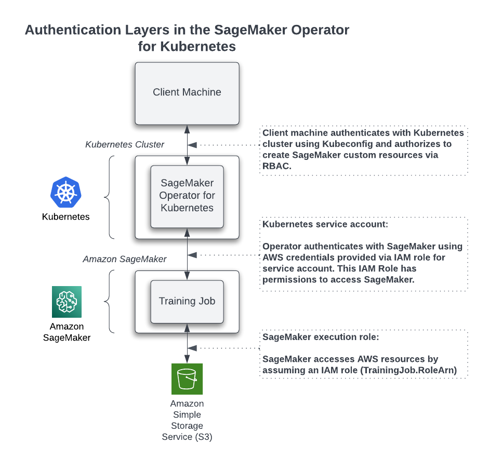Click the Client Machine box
click(x=187, y=93)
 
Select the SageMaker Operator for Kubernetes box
click(x=187, y=196)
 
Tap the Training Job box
click(x=187, y=301)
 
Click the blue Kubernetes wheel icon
click(x=66, y=193)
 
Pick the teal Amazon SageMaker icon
click(x=67, y=302)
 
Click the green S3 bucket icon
click(x=187, y=379)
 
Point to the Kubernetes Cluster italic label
click(x=125, y=144)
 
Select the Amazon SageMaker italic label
click(x=125, y=259)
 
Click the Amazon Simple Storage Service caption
click(x=187, y=420)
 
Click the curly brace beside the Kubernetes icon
click(x=108, y=197)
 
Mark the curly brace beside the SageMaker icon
click(x=108, y=301)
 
